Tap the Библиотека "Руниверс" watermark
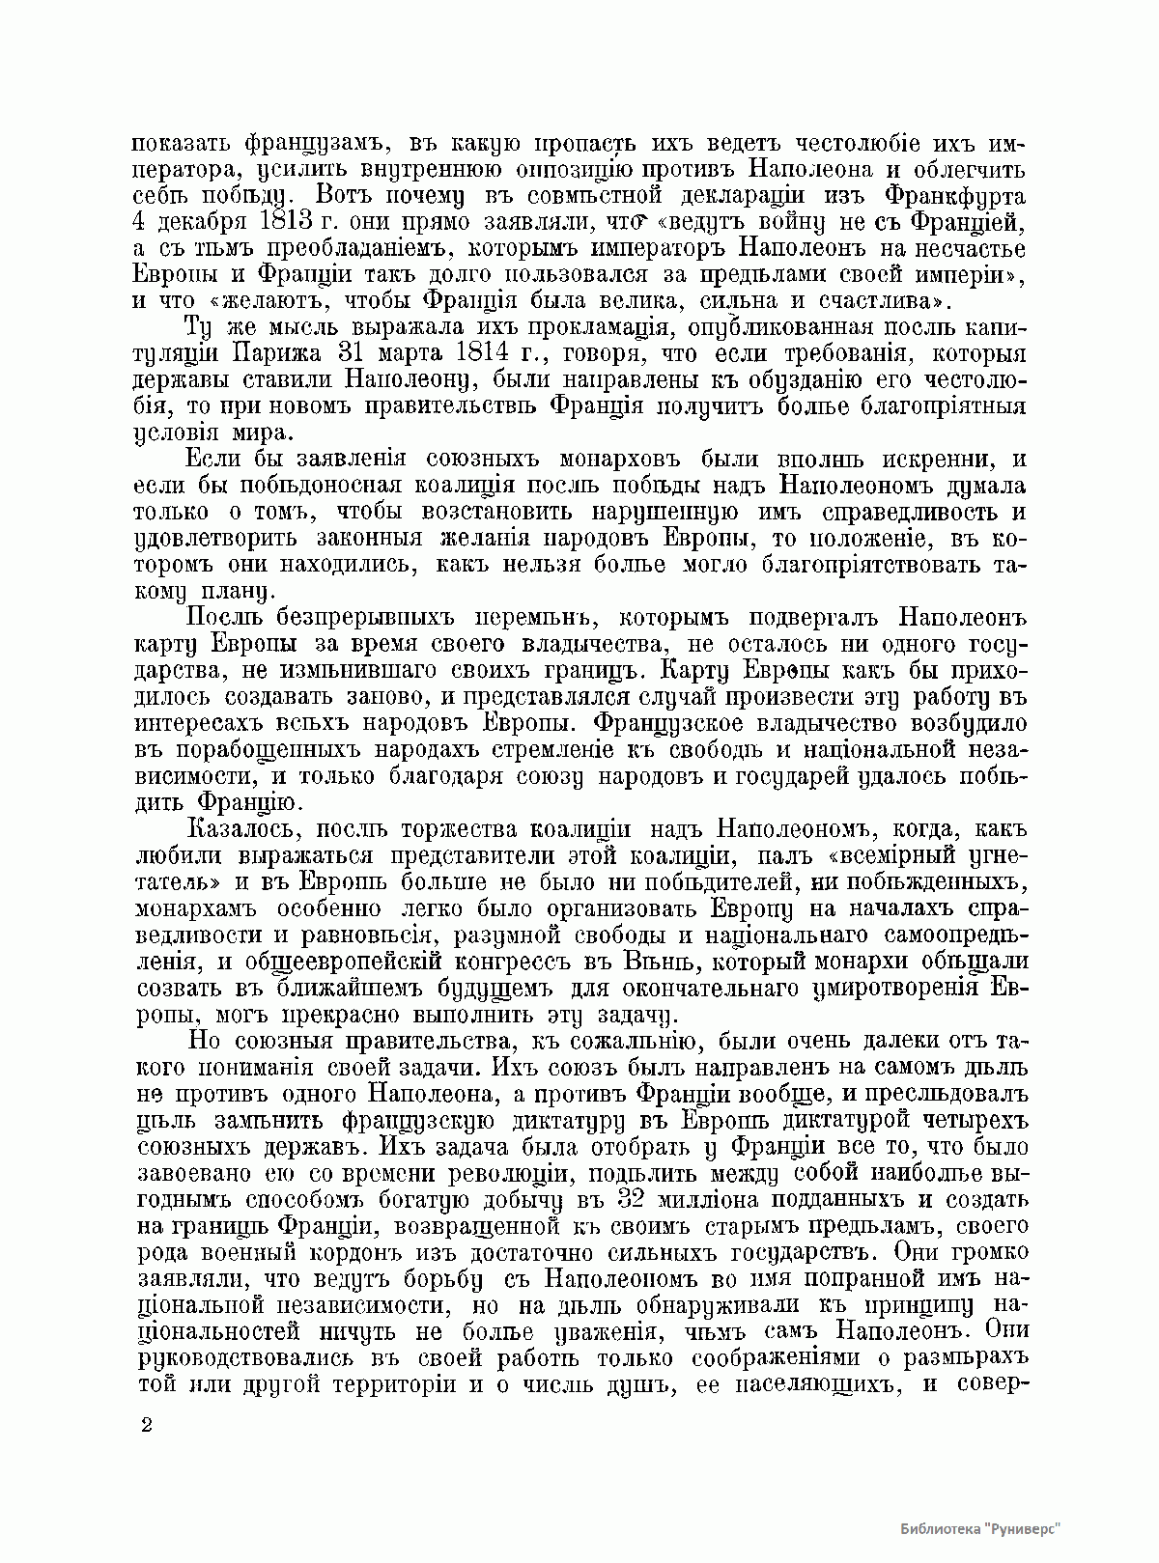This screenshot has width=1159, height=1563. click(979, 1528)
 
